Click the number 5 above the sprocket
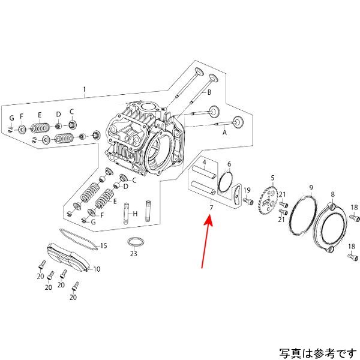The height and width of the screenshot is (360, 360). (272, 178)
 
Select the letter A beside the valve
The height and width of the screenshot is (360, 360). (224, 135)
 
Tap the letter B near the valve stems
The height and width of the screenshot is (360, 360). (209, 93)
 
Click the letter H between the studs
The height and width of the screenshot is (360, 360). (136, 214)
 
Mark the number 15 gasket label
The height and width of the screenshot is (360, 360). (103, 245)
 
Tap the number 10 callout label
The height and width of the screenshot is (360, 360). (97, 269)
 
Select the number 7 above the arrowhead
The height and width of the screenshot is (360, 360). (211, 208)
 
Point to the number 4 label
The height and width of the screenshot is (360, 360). (204, 163)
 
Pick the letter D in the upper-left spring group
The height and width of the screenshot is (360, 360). (59, 114)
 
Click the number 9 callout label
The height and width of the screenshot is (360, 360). (311, 188)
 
